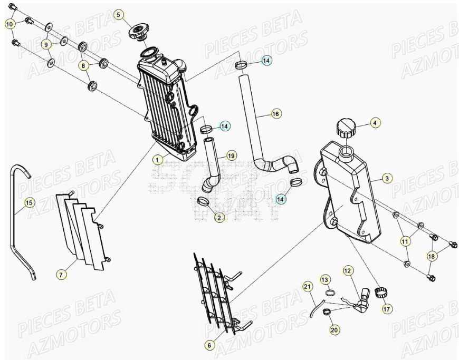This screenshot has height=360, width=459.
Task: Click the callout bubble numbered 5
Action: tap(118, 14)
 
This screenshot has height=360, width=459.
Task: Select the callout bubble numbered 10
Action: tap(10, 24)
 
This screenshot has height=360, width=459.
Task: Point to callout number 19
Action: tap(231, 155)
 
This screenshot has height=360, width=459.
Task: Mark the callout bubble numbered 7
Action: tap(61, 275)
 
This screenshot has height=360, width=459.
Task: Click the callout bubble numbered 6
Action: tap(209, 345)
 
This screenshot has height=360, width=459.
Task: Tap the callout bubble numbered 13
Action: tap(325, 278)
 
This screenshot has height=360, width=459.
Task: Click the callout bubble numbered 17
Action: tap(387, 309)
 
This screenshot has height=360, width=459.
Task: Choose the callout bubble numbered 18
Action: tap(432, 256)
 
